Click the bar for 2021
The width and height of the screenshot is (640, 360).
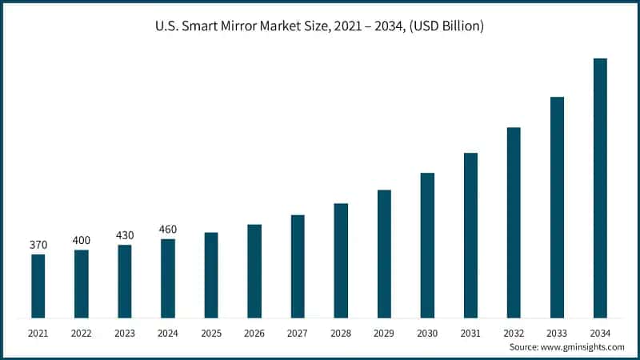[x=38, y=286]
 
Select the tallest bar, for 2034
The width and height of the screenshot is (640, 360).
[x=600, y=188]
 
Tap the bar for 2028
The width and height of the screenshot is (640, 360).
[x=341, y=260]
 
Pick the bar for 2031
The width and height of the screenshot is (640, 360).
[x=470, y=235]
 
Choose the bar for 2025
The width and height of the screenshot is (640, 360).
[x=211, y=274]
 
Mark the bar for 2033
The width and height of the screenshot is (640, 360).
[x=557, y=207]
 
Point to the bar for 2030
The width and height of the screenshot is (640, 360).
[x=427, y=245]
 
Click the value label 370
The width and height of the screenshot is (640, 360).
[x=38, y=245]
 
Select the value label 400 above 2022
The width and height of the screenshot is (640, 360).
[x=81, y=240]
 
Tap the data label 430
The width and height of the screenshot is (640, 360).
[x=124, y=235]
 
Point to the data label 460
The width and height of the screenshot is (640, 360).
[x=167, y=230]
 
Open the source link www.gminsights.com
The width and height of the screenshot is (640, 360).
[x=583, y=347]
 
